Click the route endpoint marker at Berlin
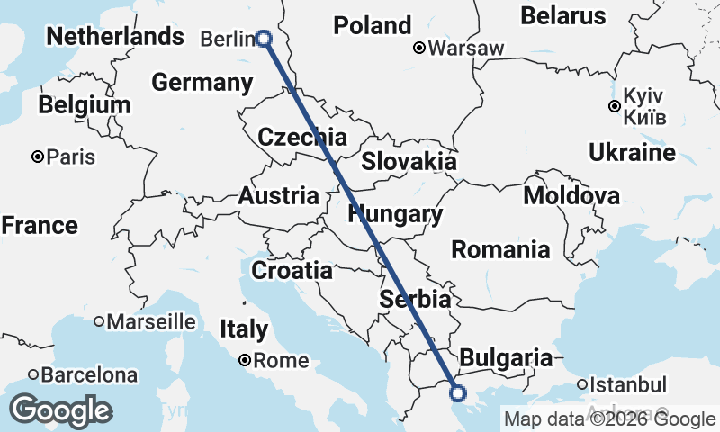pyautogui.click(x=264, y=38)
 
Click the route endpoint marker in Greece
pyautogui.click(x=457, y=392)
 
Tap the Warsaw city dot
pyautogui.click(x=419, y=49)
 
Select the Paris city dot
pyautogui.click(x=38, y=157)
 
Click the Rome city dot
pyautogui.click(x=245, y=361)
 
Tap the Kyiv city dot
pyautogui.click(x=614, y=106)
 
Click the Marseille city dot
pyautogui.click(x=99, y=321)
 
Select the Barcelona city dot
pyautogui.click(x=33, y=374)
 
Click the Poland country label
pyautogui.click(x=372, y=26)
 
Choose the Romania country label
pyautogui.click(x=500, y=249)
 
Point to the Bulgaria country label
pyautogui.click(x=506, y=358)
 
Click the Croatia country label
pyautogui.click(x=292, y=270)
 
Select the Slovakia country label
pyautogui.click(x=409, y=162)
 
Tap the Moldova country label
pyautogui.click(x=571, y=196)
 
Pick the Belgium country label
pyautogui.click(x=85, y=104)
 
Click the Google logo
pyautogui.click(x=61, y=409)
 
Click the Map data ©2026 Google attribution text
pyautogui.click(x=609, y=418)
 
